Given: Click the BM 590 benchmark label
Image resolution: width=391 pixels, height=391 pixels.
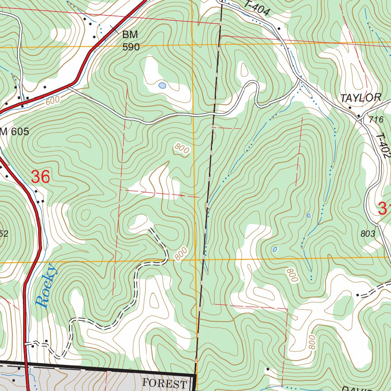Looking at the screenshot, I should [131, 41].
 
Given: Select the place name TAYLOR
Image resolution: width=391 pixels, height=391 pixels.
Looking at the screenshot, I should [360, 98].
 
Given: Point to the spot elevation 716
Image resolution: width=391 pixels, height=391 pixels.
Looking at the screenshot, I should [376, 120].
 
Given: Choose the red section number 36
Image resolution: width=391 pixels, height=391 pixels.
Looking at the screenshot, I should [40, 177].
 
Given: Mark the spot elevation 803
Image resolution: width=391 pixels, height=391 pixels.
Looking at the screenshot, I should [368, 234].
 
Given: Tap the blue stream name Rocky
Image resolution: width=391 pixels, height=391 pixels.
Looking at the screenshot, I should [47, 286].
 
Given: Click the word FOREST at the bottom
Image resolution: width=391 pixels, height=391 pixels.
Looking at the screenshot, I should [165, 383].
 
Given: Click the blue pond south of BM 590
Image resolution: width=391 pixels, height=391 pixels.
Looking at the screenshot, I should [162, 86].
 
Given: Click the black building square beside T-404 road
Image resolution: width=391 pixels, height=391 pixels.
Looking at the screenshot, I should [279, 29].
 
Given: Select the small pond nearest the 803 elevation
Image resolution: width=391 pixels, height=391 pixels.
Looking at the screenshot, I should [309, 216].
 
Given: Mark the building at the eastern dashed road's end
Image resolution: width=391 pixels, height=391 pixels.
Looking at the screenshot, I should [358, 295].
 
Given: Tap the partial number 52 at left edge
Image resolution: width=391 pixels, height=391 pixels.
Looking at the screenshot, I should [3, 234].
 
